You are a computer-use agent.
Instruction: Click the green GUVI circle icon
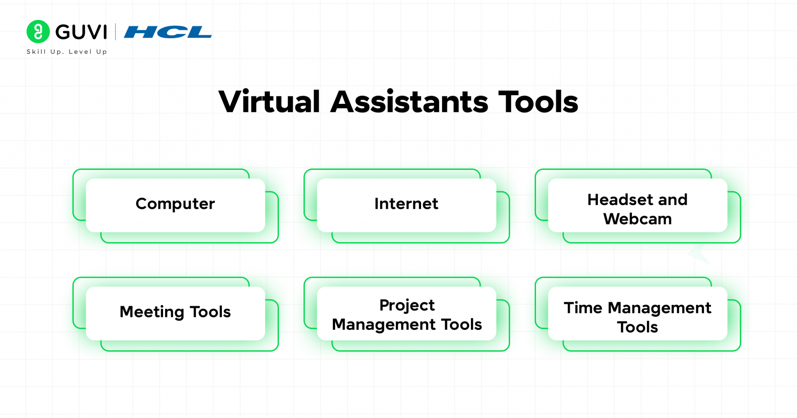38,31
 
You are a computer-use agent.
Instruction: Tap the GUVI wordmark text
81,32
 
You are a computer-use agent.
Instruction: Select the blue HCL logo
168,32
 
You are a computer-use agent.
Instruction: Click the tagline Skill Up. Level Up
67,52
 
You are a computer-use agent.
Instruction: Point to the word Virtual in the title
269,102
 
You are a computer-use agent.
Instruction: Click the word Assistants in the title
409,102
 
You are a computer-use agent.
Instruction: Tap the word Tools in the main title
538,102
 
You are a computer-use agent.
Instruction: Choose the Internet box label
406,204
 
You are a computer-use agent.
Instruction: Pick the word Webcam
637,219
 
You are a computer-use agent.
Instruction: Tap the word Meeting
152,312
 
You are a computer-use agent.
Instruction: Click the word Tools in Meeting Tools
210,312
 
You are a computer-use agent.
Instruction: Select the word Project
407,306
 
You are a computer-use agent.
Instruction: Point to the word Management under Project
384,325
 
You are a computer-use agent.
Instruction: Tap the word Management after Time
659,308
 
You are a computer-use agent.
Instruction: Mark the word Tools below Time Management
637,327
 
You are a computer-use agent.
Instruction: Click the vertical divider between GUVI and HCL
116,32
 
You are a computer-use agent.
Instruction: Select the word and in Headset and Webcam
673,200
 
